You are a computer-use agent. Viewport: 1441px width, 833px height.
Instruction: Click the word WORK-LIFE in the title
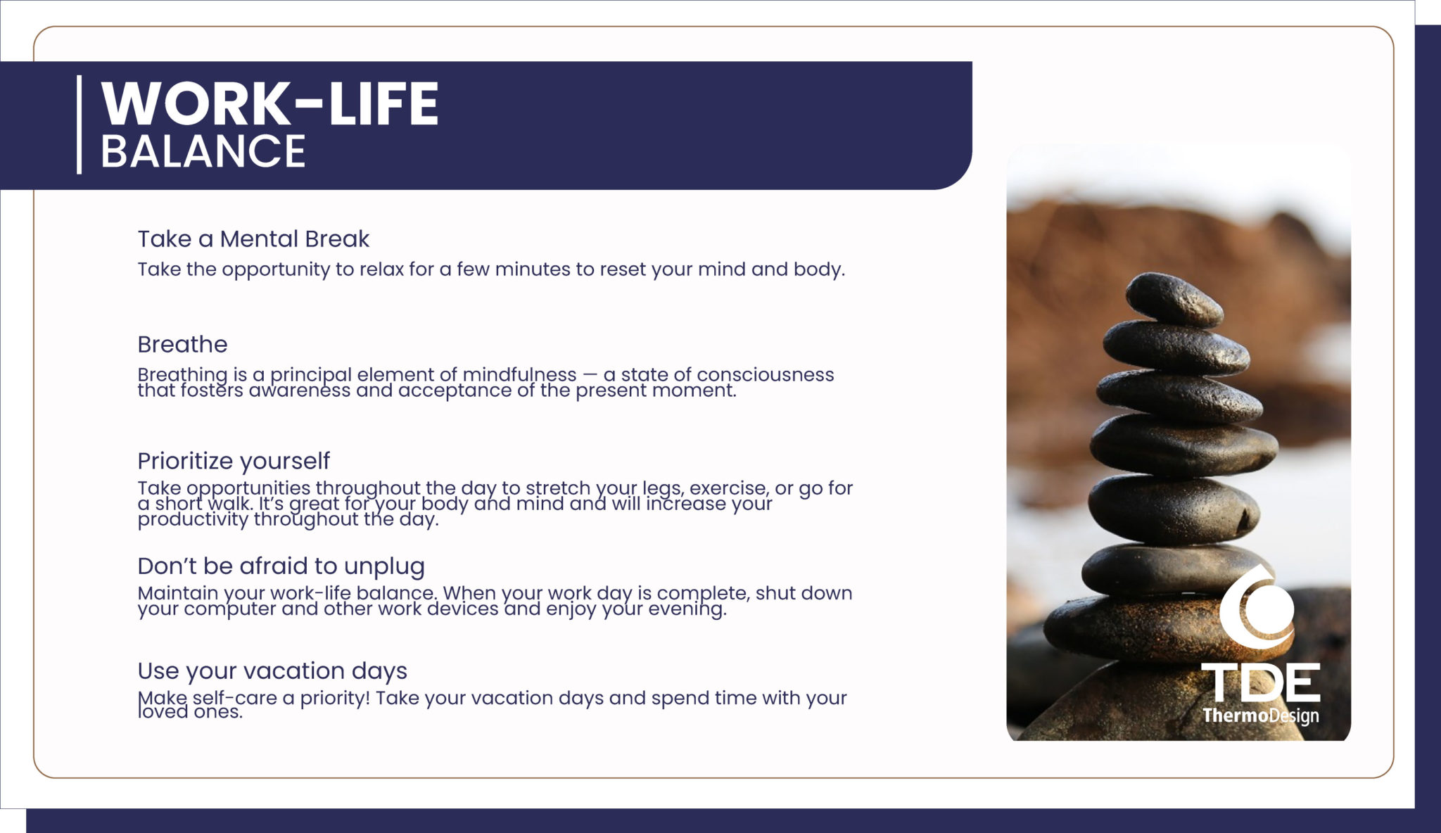point(269,103)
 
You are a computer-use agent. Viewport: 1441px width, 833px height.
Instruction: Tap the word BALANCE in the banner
point(203,151)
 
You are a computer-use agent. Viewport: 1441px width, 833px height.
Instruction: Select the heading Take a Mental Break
point(253,239)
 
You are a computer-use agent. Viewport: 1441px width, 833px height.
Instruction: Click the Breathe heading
point(182,344)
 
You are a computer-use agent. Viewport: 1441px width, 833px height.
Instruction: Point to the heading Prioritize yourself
point(234,462)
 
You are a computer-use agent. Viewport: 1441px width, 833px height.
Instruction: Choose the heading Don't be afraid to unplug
point(281,566)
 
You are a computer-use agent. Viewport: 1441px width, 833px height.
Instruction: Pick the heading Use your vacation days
point(272,671)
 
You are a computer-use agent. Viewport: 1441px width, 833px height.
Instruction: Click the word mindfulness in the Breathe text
point(519,374)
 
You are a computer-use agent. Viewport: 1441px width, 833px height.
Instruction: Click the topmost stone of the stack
point(1174,299)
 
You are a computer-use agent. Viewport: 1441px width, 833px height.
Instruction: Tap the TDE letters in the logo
point(1261,682)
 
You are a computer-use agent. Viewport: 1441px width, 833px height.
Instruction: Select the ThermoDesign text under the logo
point(1261,716)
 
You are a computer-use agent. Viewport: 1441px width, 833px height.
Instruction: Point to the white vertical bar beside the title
point(80,125)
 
